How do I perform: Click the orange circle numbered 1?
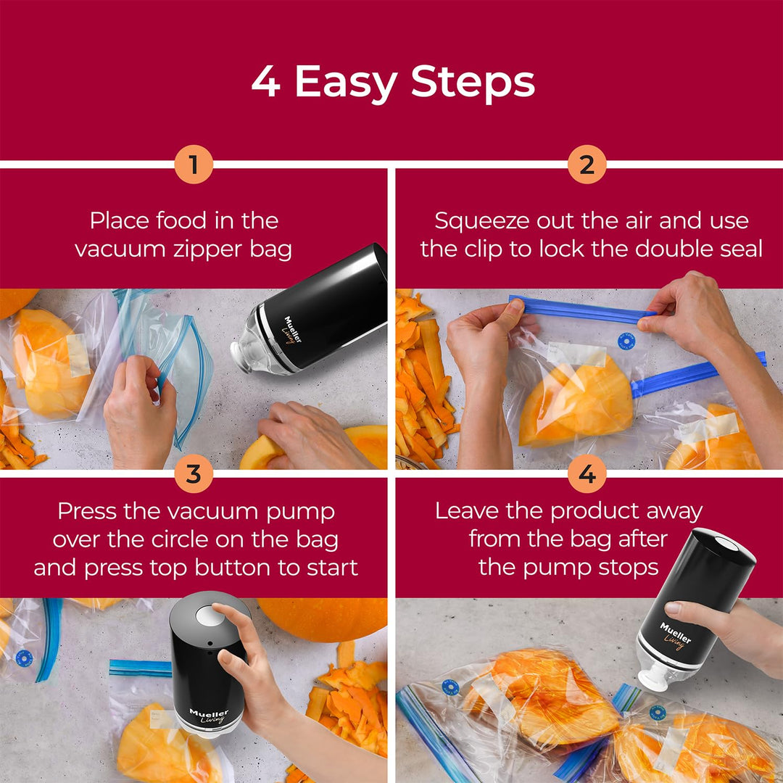tap(194, 165)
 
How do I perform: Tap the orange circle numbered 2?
tap(587, 165)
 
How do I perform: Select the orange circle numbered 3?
tap(194, 475)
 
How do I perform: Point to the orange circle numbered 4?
tap(587, 475)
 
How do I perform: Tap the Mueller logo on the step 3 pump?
tap(209, 716)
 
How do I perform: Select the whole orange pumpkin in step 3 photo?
tap(323, 618)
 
